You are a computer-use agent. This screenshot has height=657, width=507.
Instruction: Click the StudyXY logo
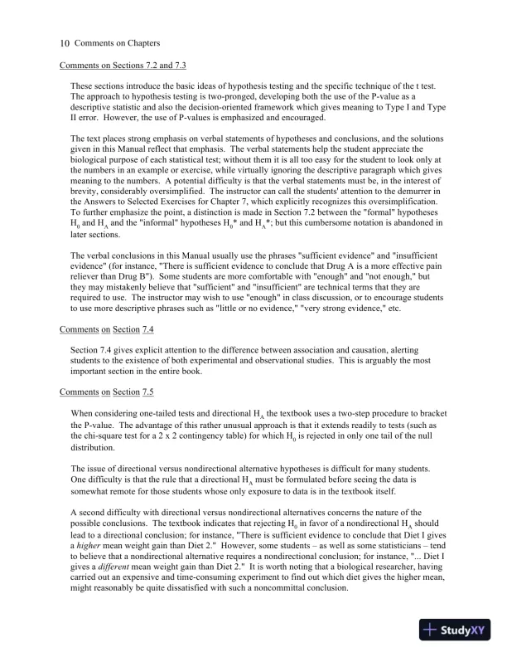click(454, 630)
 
